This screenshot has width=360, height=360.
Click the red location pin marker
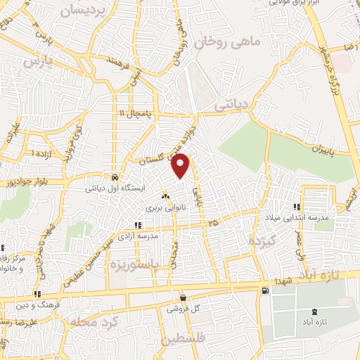[181, 165]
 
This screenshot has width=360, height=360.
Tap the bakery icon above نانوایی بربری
[166, 196]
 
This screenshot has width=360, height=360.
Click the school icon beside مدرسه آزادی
[138, 226]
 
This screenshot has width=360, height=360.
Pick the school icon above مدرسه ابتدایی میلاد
[297, 207]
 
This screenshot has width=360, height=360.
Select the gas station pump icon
[264, 291]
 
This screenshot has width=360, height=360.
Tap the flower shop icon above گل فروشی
[183, 297]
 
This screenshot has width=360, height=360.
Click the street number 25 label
[212, 223]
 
